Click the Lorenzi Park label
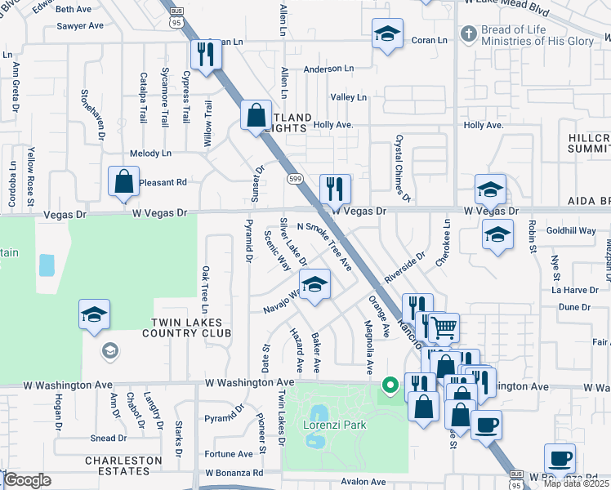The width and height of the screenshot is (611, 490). click(x=335, y=425)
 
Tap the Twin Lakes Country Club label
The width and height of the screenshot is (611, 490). click(x=186, y=328)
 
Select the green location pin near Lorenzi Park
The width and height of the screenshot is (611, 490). click(x=390, y=384)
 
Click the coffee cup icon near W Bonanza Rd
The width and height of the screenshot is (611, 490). click(x=560, y=458)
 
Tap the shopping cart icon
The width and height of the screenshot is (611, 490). click(x=444, y=328)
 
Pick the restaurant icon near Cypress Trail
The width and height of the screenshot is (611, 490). click(x=204, y=55)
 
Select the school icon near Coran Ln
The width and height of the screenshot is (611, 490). click(x=387, y=34)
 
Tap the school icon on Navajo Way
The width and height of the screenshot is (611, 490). click(x=314, y=284)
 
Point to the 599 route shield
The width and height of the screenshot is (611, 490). click(x=294, y=178)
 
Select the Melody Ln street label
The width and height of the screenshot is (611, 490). click(x=150, y=154)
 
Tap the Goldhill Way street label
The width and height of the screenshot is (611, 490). click(x=571, y=231)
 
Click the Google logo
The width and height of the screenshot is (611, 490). click(x=26, y=480)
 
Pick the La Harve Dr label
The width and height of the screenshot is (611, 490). click(x=575, y=290)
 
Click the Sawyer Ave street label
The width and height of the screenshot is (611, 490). click(x=80, y=26)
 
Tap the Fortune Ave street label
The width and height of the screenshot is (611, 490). click(x=223, y=454)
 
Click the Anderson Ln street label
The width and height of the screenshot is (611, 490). click(x=328, y=69)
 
